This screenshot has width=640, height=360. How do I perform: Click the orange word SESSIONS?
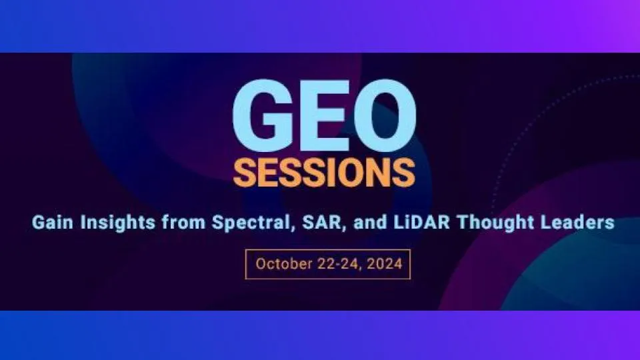(x=324, y=172)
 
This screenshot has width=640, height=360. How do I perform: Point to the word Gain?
(x=53, y=223)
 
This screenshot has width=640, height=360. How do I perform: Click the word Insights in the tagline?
(x=118, y=223)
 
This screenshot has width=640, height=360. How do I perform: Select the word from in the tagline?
(x=183, y=223)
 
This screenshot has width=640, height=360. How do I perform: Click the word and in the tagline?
(x=370, y=223)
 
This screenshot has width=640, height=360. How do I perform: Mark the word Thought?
(x=495, y=223)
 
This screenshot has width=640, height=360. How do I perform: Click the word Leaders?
(x=577, y=223)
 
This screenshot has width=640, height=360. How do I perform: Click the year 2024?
(x=385, y=264)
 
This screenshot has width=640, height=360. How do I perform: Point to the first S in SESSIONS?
(x=244, y=172)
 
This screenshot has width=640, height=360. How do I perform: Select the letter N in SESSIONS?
(x=377, y=172)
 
